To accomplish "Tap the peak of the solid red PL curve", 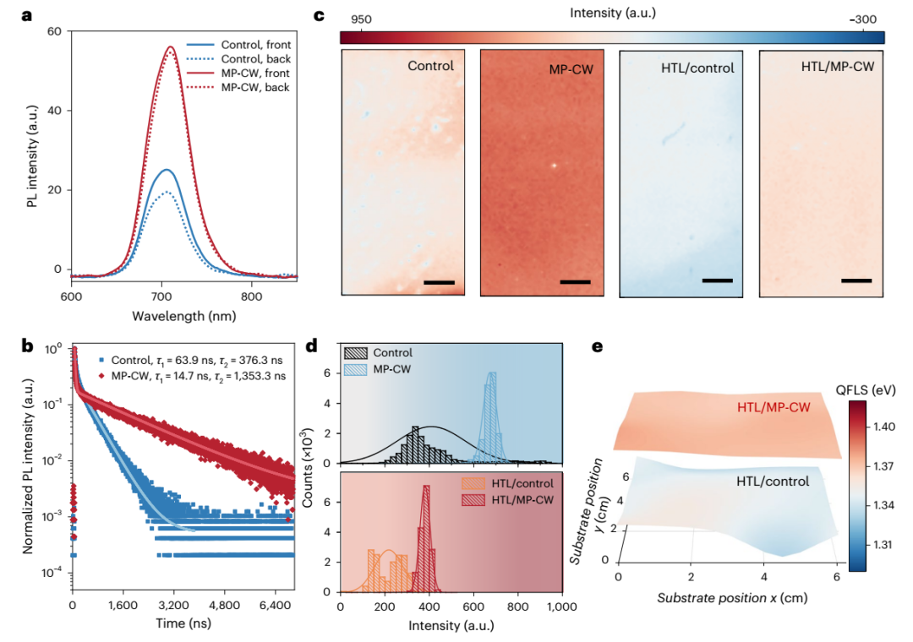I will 171,46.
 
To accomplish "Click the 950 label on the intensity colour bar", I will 361,19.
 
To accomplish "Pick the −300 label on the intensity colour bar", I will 862,19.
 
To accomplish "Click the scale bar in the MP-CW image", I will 575,281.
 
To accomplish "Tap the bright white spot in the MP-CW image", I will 554,166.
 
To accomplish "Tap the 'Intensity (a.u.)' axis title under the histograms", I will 451,625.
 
